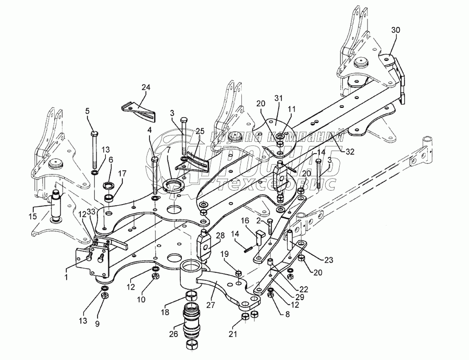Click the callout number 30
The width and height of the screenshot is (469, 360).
[x=396, y=30]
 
